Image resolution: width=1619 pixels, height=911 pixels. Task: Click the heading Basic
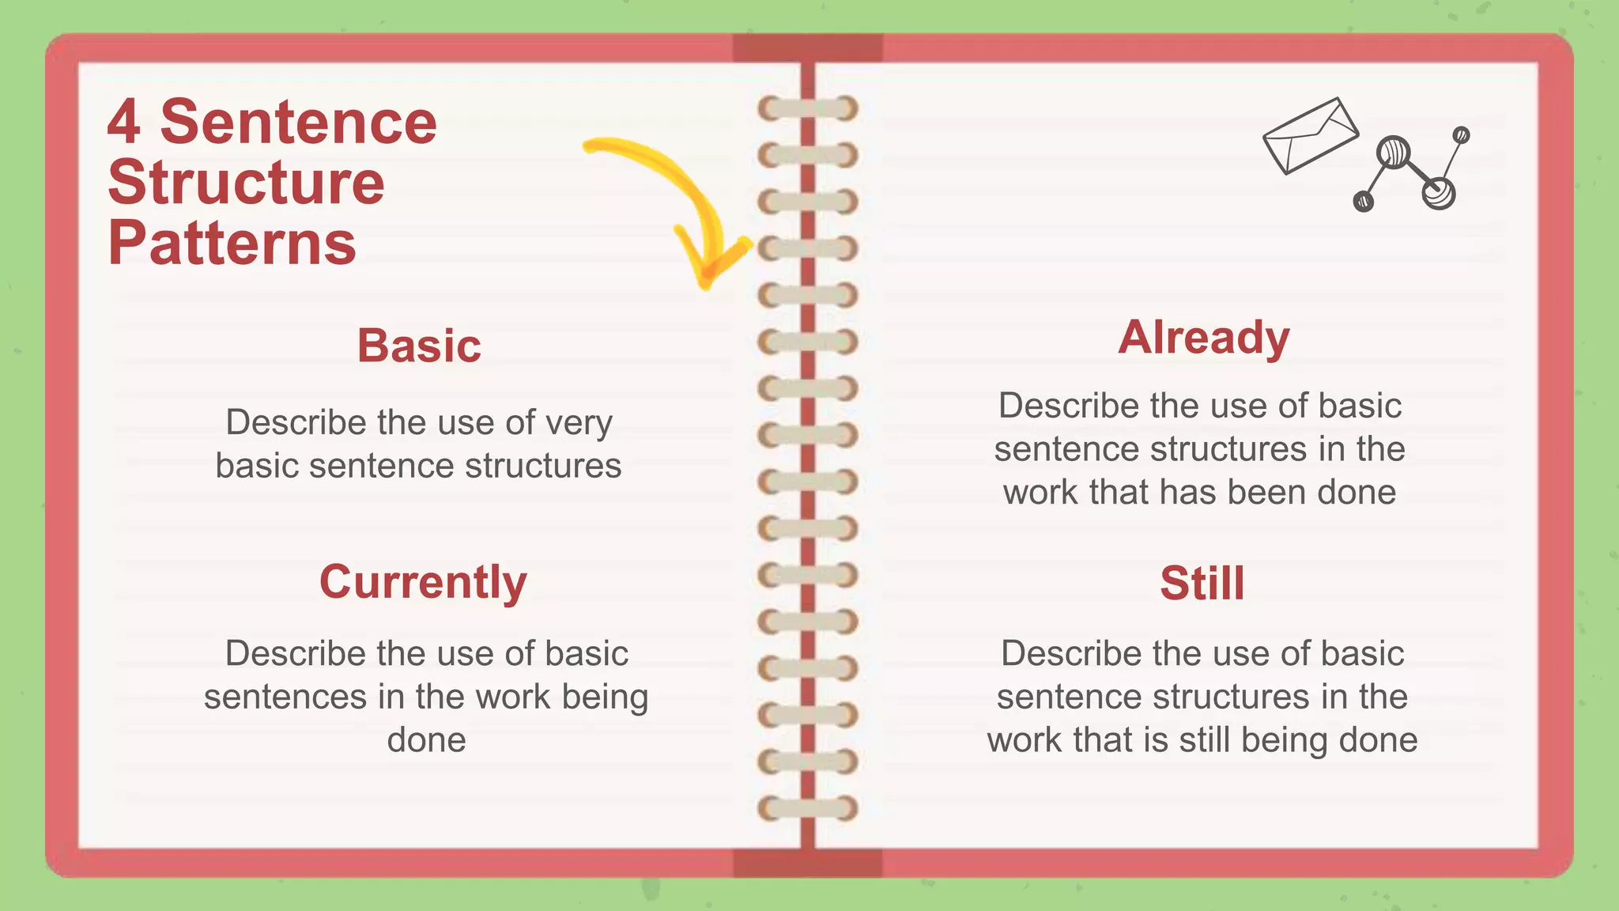coord(419,346)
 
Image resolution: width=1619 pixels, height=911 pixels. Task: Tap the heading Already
coord(1203,338)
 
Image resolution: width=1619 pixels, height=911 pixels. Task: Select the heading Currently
coord(423,582)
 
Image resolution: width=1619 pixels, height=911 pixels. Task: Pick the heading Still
coord(1202,584)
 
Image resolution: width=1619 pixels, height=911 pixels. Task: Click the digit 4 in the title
coord(124,123)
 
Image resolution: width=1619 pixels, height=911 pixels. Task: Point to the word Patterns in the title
coord(232,243)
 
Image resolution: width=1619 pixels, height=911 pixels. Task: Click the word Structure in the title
coord(246,183)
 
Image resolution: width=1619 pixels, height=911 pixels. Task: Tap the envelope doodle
coord(1310,135)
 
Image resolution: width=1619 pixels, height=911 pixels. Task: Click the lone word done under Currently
coord(426,740)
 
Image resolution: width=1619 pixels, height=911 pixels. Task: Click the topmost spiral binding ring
coord(808,108)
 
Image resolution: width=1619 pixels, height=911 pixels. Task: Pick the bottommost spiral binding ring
coord(808,809)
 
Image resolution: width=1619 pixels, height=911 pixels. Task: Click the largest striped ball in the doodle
coord(1393,152)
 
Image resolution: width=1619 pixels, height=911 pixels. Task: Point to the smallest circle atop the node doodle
coord(1461,135)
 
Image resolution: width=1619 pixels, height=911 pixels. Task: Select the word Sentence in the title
coord(298,123)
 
